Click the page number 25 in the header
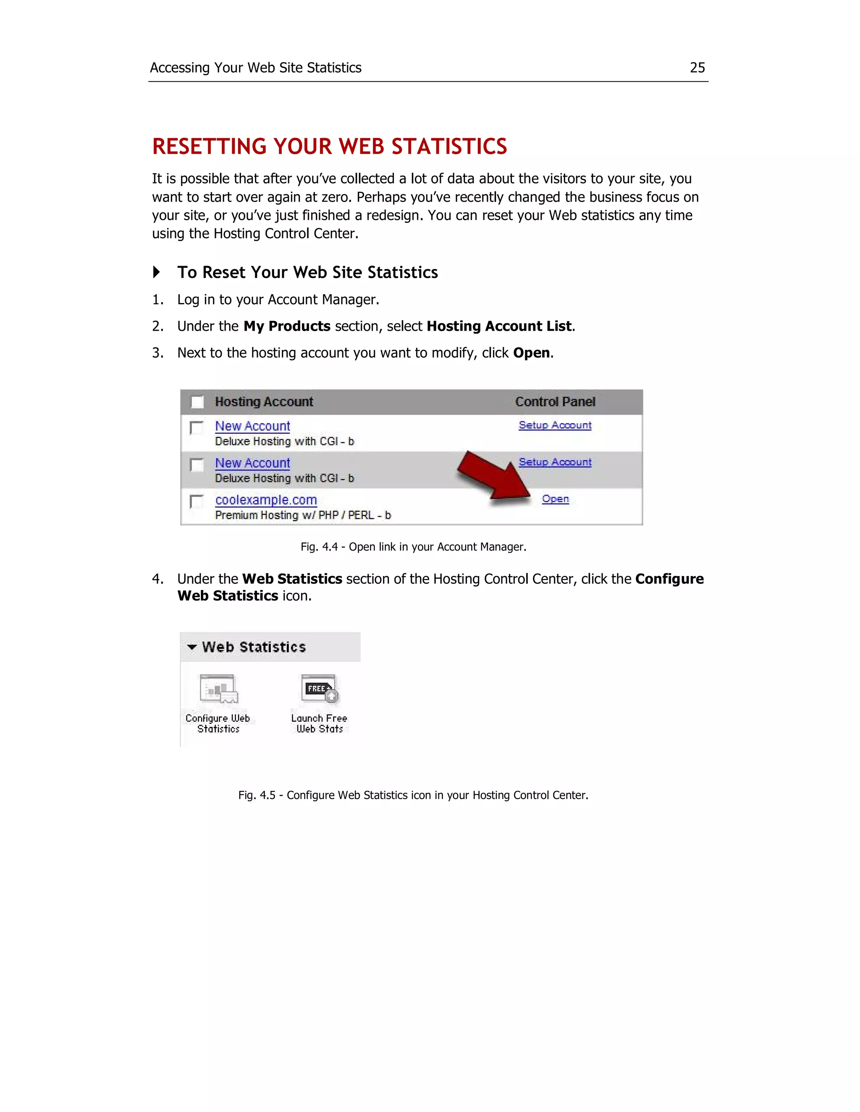tap(697, 68)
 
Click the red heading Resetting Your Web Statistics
tap(329, 146)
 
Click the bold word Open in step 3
tap(531, 353)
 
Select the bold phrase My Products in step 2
tap(287, 326)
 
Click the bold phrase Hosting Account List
tap(499, 326)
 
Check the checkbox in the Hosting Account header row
tap(197, 402)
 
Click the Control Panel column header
tap(555, 402)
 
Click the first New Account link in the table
tap(252, 426)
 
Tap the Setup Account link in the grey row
tap(555, 462)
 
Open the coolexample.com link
tap(265, 500)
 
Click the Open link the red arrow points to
tap(555, 499)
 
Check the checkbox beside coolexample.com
tap(196, 501)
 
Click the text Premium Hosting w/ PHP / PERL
tap(303, 515)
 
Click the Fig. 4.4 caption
tap(413, 547)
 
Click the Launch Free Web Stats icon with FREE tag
tap(320, 688)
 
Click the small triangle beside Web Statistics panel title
tap(191, 647)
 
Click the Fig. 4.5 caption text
tap(413, 795)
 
